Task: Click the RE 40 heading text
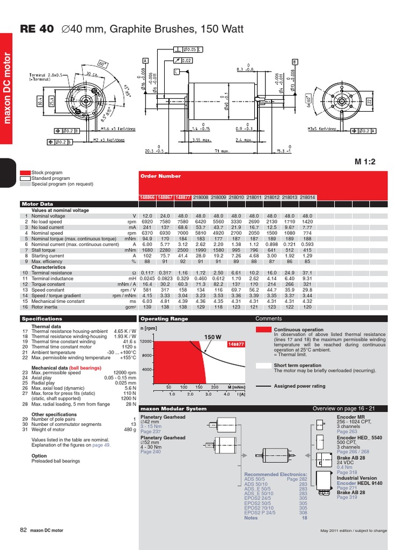(x=36, y=30)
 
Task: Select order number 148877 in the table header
(x=183, y=197)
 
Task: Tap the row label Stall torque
(x=43, y=250)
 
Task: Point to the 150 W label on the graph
(x=212, y=337)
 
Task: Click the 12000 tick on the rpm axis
(x=146, y=341)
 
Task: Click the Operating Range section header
(x=157, y=319)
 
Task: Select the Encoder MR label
(x=350, y=416)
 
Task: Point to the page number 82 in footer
(x=23, y=530)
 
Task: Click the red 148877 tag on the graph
(x=236, y=344)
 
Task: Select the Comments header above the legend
(x=268, y=319)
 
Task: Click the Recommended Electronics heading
(x=276, y=474)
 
